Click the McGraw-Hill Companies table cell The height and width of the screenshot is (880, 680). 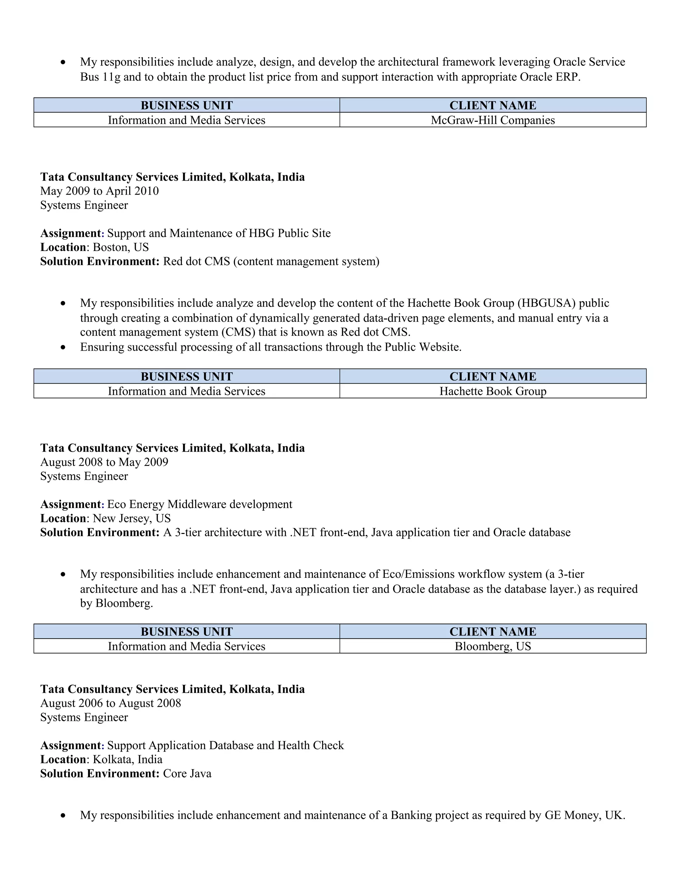click(492, 120)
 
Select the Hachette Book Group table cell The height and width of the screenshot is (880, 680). click(492, 391)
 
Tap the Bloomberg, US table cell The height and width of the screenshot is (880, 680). click(492, 646)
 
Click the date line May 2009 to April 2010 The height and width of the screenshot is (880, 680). click(100, 191)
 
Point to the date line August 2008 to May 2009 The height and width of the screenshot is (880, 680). click(104, 462)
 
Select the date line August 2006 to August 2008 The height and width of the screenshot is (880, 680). click(110, 703)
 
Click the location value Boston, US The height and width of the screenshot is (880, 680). click(121, 247)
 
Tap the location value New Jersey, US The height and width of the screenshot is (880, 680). click(131, 519)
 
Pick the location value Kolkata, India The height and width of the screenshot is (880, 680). click(127, 759)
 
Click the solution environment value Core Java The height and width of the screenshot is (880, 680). click(187, 774)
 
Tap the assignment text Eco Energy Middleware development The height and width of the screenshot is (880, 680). click(200, 504)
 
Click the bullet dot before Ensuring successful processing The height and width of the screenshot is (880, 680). click(63, 347)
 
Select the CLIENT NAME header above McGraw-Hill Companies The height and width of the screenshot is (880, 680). click(492, 106)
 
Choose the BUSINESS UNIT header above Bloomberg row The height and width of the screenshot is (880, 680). click(187, 631)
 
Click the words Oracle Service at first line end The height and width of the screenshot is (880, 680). click(589, 62)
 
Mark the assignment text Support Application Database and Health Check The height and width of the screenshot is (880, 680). click(225, 746)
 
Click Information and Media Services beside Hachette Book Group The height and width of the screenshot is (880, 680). click(187, 391)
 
